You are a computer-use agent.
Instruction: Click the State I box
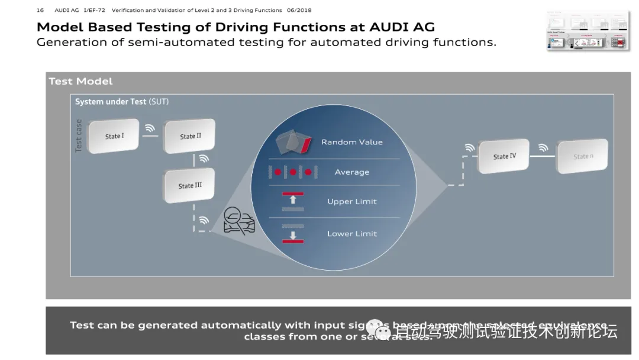(114, 136)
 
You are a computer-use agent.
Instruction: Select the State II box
(190, 136)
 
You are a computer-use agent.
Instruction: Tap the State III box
(189, 186)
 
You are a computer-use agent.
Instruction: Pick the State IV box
(504, 157)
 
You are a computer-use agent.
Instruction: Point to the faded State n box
(582, 157)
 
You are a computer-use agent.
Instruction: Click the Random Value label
(352, 142)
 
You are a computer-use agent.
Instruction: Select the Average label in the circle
(352, 172)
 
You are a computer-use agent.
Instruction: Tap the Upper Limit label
(352, 202)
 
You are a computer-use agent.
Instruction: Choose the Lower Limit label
(352, 234)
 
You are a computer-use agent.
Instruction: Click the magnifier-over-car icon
(238, 221)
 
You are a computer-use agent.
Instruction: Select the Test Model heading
(80, 82)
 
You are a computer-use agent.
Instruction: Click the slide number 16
(40, 10)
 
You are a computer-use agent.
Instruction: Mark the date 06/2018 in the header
(299, 10)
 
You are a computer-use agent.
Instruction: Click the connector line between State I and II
(150, 136)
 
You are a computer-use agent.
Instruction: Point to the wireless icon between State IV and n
(543, 148)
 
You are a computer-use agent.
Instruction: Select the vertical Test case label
(79, 136)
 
